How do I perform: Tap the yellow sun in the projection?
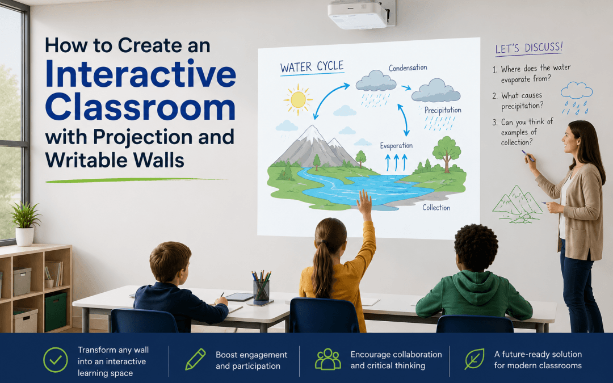pos(298,100)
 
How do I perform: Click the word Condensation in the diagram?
pos(408,68)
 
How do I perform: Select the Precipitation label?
pos(443,110)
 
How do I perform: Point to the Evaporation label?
pos(396,146)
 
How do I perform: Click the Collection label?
pos(436,208)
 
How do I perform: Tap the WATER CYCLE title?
pos(312,67)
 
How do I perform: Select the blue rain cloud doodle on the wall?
pos(576,98)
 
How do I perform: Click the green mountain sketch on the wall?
pos(518,205)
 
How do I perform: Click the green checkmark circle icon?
pos(56,360)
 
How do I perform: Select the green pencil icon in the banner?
pos(195,359)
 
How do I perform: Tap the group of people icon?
pos(328,359)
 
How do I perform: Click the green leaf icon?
pos(475,359)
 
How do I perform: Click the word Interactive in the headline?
pos(141,74)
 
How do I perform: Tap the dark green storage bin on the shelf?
pos(56,311)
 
